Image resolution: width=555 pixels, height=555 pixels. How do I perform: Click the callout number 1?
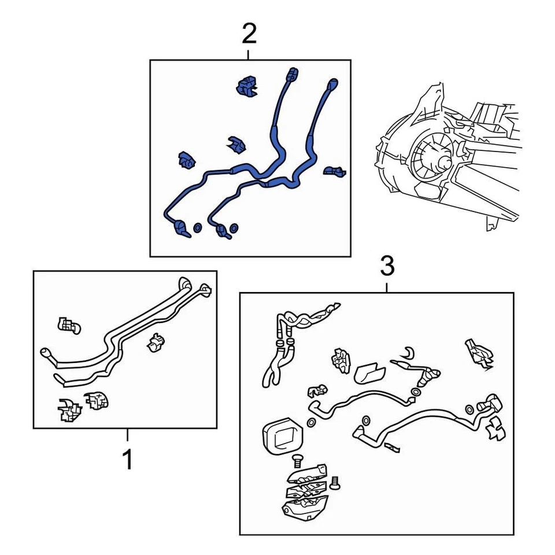tap(127, 459)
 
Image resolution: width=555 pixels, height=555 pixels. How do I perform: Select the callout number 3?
tap(387, 267)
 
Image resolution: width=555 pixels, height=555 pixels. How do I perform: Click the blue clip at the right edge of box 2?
tap(335, 171)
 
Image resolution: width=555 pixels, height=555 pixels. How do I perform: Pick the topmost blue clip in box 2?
tap(247, 86)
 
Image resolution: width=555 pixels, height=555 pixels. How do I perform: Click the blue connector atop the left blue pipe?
tap(292, 75)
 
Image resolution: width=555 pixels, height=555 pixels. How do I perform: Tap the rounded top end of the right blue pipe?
tap(333, 83)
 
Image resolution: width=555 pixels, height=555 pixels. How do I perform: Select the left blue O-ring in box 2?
tap(198, 228)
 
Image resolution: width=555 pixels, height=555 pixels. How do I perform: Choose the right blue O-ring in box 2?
tap(234, 227)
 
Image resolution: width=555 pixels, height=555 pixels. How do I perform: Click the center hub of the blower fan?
tap(443, 162)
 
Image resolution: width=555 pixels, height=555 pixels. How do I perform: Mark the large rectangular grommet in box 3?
tap(282, 436)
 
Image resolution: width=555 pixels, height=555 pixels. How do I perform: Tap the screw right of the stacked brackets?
tap(335, 483)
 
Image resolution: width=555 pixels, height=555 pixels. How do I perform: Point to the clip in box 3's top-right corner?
tap(479, 353)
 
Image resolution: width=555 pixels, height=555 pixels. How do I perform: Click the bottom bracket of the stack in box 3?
tap(305, 506)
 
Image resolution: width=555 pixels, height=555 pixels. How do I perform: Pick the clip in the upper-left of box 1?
tap(69, 325)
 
